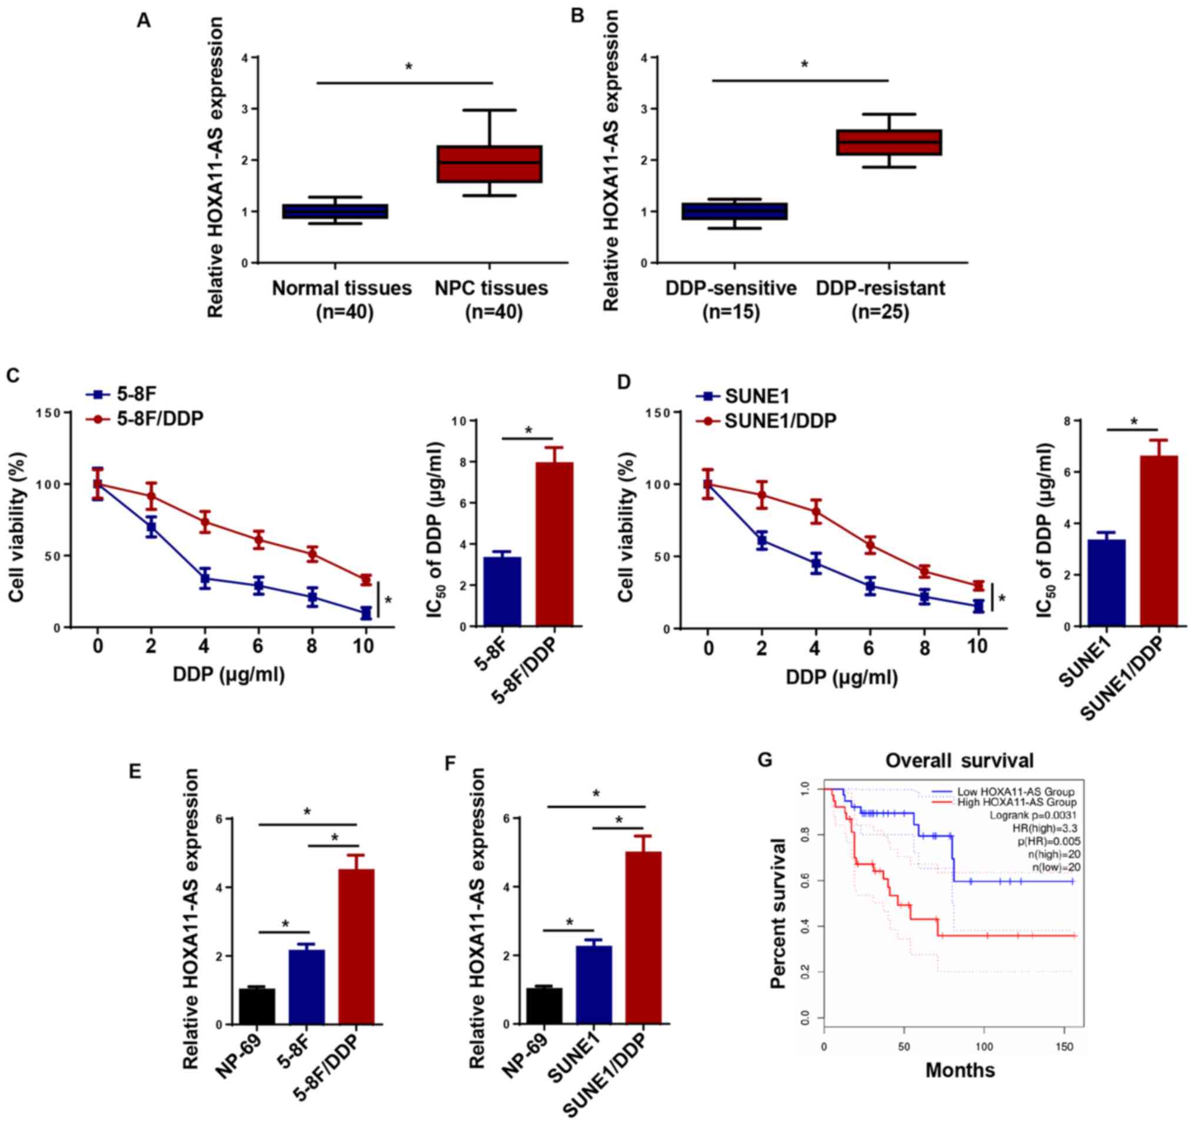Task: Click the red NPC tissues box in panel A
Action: (x=490, y=164)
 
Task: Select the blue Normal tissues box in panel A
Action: (x=335, y=211)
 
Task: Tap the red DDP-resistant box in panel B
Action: (x=889, y=142)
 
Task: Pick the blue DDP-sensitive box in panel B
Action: (x=734, y=211)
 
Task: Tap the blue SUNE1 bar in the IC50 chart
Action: (x=1107, y=583)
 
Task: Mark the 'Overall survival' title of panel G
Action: (x=960, y=761)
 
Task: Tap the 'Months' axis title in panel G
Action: (x=960, y=1070)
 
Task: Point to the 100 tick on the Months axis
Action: (x=984, y=1047)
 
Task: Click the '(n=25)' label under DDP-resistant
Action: (x=880, y=313)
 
